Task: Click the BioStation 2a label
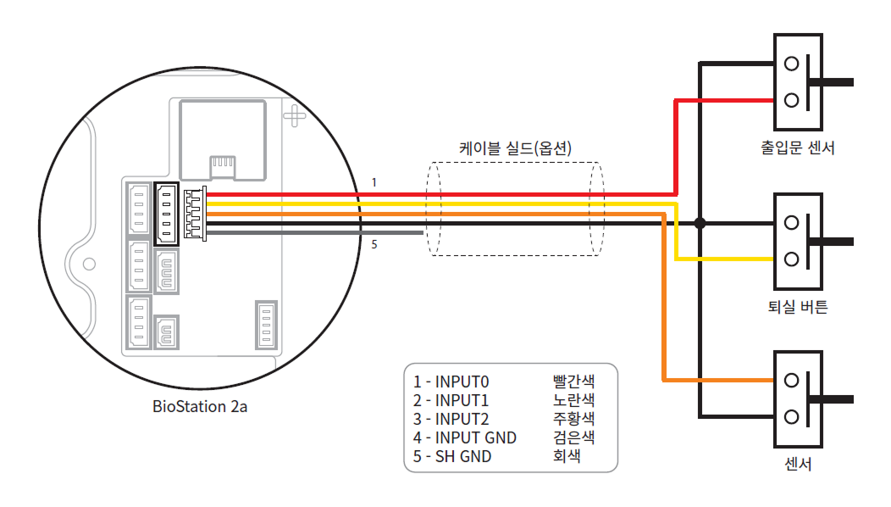tap(200, 406)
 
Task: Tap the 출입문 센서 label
tap(798, 148)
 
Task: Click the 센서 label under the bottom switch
tap(798, 465)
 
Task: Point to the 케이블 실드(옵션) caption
tap(516, 148)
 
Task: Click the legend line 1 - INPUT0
tap(452, 382)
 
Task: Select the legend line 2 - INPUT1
tap(452, 400)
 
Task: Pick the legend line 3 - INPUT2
tap(452, 419)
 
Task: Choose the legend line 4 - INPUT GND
tap(465, 437)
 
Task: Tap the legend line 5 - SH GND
tap(452, 456)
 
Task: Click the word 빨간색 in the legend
tap(573, 382)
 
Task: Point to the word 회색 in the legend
tap(567, 456)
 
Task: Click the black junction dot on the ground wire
tap(700, 224)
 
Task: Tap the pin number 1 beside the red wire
tap(374, 182)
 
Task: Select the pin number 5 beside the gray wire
tap(374, 246)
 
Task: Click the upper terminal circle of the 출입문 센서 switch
tap(792, 64)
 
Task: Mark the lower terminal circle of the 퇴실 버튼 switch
tap(792, 259)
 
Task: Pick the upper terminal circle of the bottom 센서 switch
tap(792, 381)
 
